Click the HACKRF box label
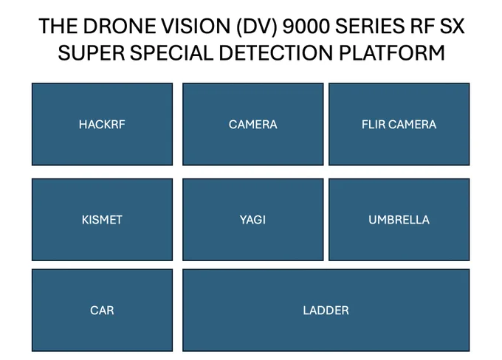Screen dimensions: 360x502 coord(102,124)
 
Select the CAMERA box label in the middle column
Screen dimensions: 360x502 coord(252,124)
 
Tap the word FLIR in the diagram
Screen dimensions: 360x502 coord(374,124)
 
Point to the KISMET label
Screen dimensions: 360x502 coord(102,219)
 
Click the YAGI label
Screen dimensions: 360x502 coord(252,219)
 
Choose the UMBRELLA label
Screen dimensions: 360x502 coord(399,219)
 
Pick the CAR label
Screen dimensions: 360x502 coord(102,310)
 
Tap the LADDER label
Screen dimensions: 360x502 coord(326,310)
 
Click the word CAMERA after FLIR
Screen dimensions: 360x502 coord(412,124)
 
